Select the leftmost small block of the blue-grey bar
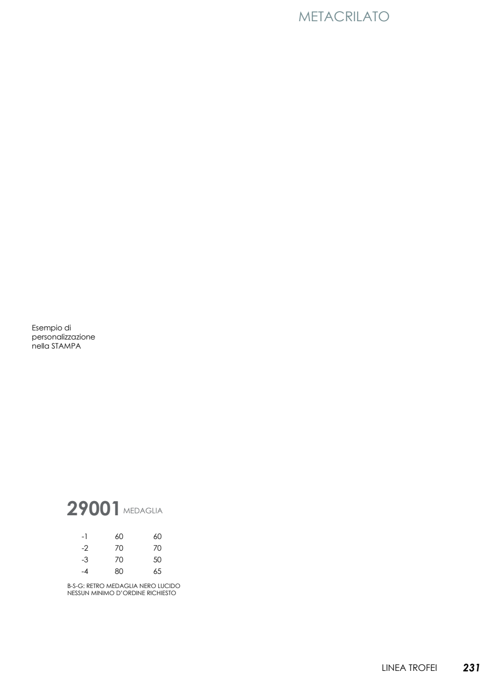[304, 17]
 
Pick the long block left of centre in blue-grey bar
[327, 17]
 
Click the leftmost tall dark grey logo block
[72, 508]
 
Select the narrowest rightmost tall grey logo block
[115, 508]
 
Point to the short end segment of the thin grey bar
[158, 510]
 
